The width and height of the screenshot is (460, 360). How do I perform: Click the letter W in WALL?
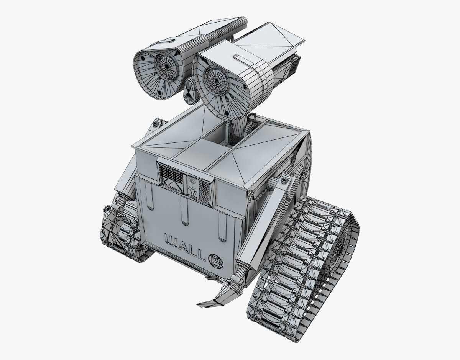[171, 241]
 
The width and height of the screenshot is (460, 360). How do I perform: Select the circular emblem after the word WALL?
[216, 262]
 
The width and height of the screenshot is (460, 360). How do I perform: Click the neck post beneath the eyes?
[239, 127]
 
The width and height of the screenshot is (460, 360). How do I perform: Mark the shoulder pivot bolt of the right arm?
[284, 180]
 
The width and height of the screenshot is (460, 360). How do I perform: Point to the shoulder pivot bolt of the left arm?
[155, 124]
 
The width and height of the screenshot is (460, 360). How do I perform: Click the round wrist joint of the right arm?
[229, 283]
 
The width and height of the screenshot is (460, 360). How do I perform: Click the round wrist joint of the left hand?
[108, 209]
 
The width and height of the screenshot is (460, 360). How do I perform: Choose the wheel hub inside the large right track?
[339, 245]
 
